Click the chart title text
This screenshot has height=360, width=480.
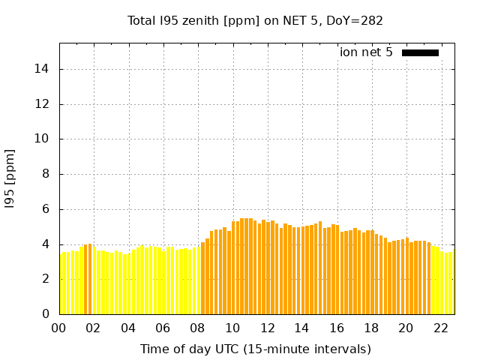255,20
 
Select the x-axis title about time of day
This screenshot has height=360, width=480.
255,349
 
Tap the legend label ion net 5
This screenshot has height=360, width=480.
366,52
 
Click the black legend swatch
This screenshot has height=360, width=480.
420,52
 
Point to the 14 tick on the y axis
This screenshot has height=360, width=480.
44,69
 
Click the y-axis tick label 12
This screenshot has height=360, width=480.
44,104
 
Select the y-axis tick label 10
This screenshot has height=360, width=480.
44,139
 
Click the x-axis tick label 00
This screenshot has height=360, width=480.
59,328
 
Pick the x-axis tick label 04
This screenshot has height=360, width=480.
128,328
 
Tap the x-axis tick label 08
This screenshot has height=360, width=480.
198,328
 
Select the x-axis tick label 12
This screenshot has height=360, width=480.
267,328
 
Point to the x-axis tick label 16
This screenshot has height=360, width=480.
337,328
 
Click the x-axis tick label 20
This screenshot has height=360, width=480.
406,328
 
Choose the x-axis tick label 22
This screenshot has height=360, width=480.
440,328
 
